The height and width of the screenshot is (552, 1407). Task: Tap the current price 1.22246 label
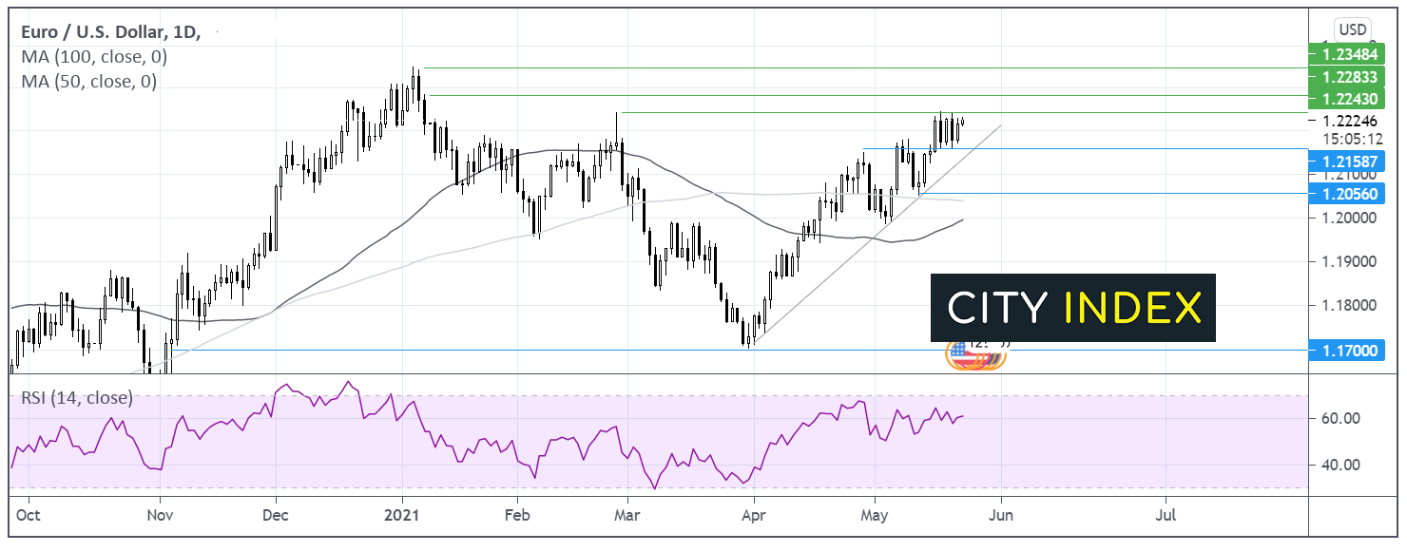tap(1343, 121)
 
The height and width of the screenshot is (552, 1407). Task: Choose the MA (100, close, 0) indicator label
tap(94, 57)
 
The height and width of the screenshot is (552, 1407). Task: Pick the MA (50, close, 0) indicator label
tap(89, 82)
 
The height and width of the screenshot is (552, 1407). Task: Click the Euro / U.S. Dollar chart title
tap(110, 32)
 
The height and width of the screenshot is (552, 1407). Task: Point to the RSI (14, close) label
tap(77, 398)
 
